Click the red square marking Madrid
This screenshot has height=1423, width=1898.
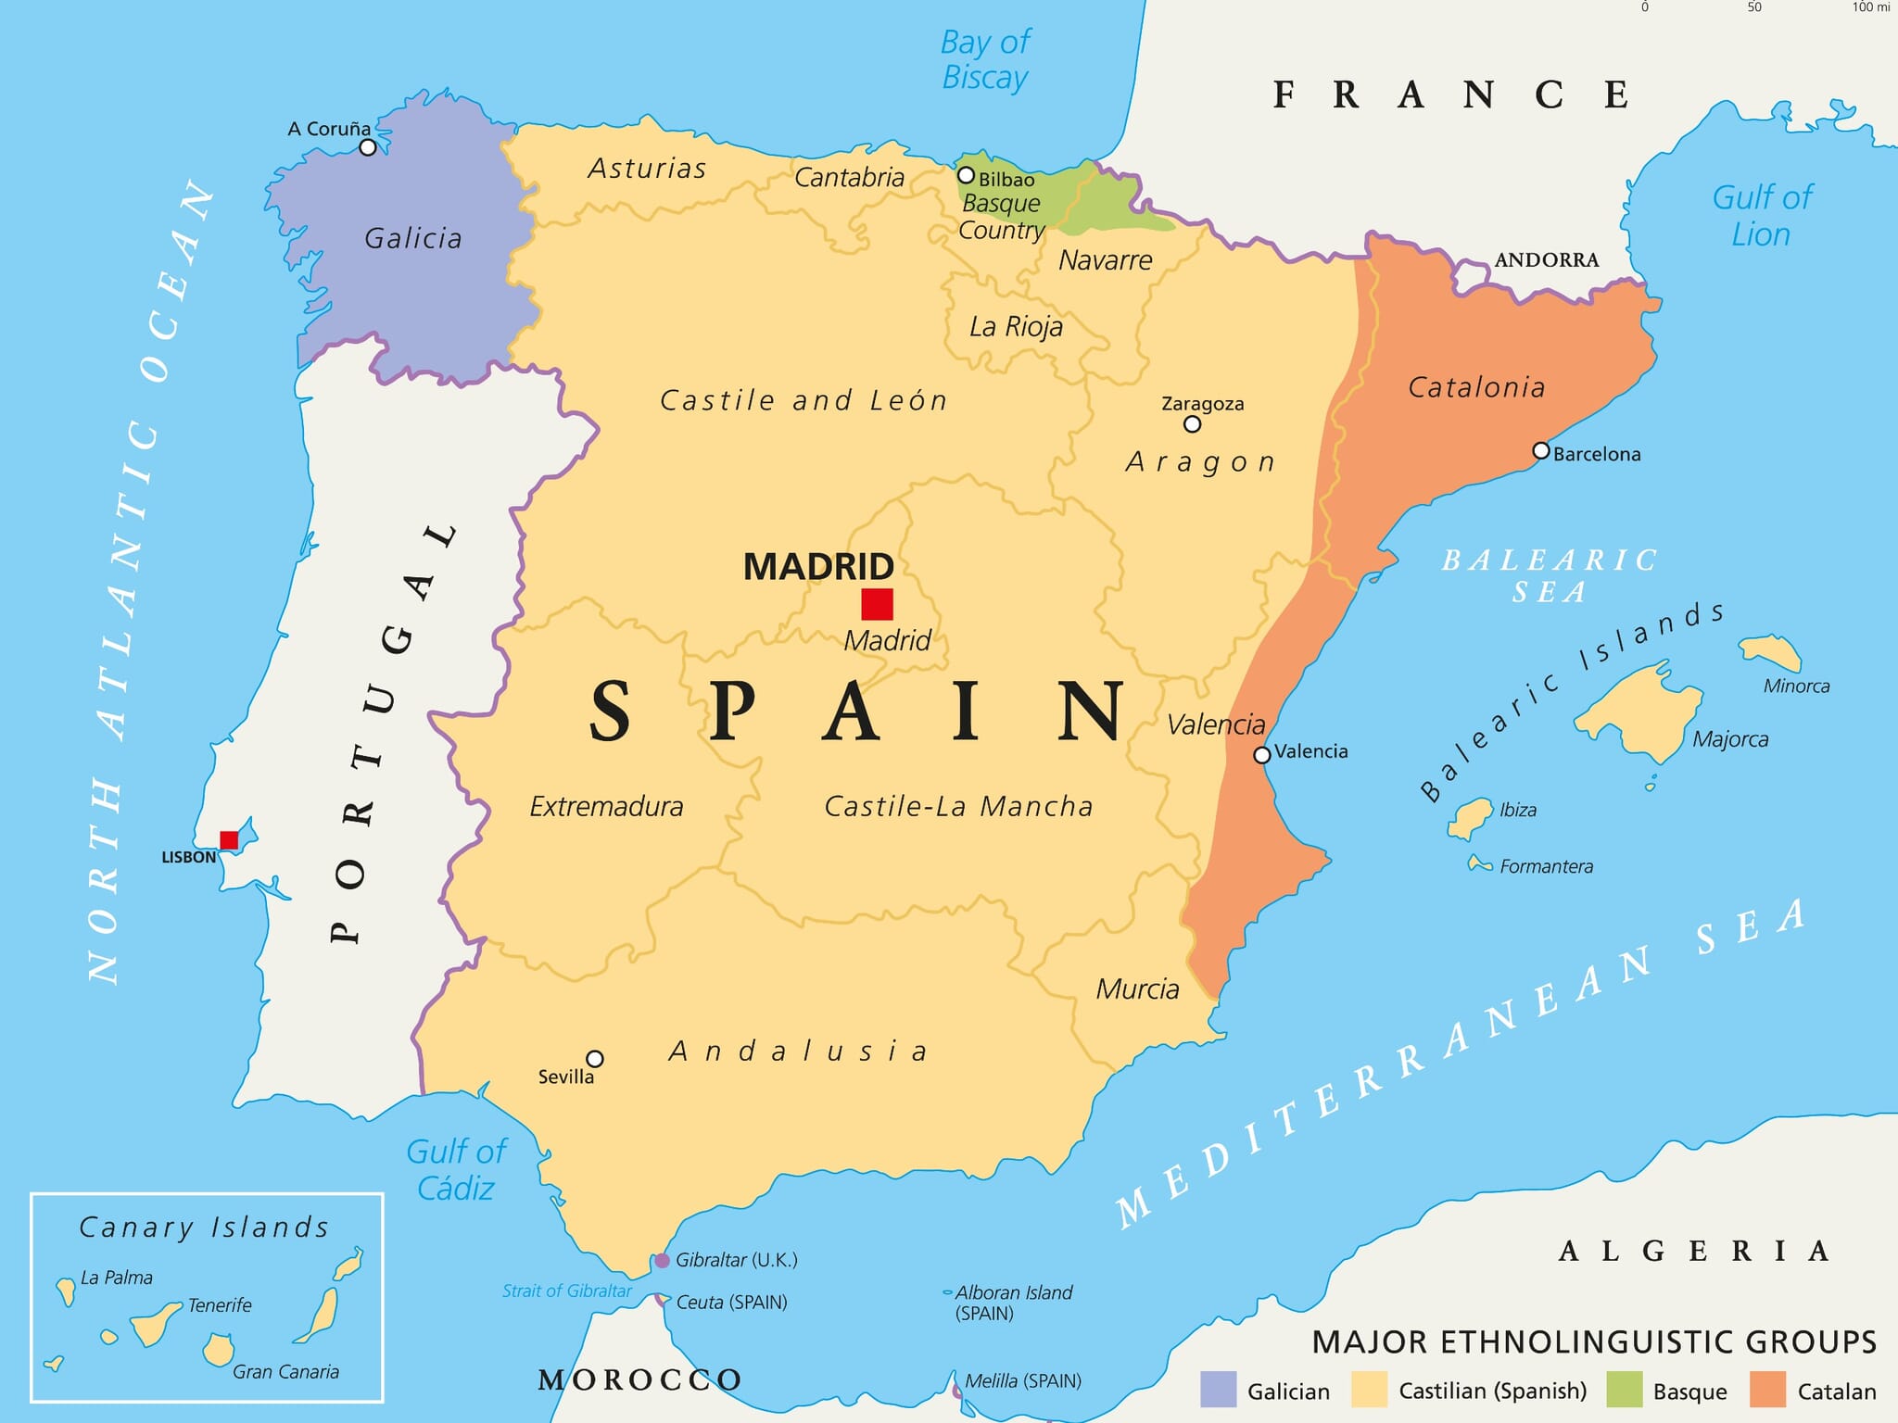pos(877,604)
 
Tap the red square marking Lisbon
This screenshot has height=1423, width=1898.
pos(229,840)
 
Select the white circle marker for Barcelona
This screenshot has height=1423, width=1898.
pos(1540,451)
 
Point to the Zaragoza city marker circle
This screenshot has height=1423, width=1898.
pos(1193,424)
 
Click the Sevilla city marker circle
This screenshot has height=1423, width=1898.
pos(595,1059)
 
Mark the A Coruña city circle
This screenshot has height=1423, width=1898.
pos(368,147)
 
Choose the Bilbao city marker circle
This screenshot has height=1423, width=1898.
pos(966,175)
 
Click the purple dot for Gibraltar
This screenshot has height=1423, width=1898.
pos(662,1261)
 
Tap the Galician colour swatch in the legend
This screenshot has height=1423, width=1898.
pos(1218,1390)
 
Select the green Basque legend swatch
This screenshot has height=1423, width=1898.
pos(1624,1390)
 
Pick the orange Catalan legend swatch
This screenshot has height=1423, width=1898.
pos(1767,1390)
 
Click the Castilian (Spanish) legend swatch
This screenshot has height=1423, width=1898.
pos(1369,1390)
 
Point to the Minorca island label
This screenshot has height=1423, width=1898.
pos(1796,686)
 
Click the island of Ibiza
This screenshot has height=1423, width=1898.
pos(1472,816)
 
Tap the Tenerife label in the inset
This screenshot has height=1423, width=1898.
pos(220,1305)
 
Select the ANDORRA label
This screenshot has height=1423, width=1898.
pos(1546,260)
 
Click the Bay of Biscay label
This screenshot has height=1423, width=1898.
pos(985,60)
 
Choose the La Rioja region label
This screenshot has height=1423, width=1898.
pos(1016,327)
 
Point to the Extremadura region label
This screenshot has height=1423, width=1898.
pos(606,807)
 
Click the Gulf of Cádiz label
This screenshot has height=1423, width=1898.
pos(456,1170)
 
